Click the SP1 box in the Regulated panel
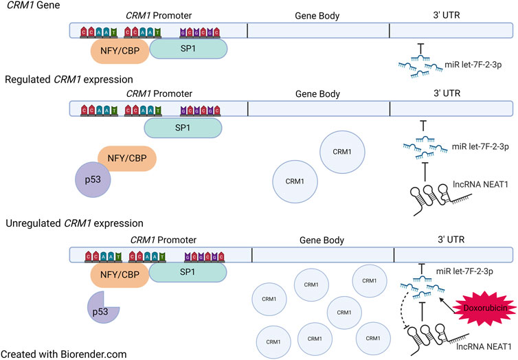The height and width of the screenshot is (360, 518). tap(183, 128)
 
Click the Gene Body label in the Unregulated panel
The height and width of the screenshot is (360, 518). tap(322, 240)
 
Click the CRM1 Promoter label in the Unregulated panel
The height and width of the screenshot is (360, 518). tap(164, 240)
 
